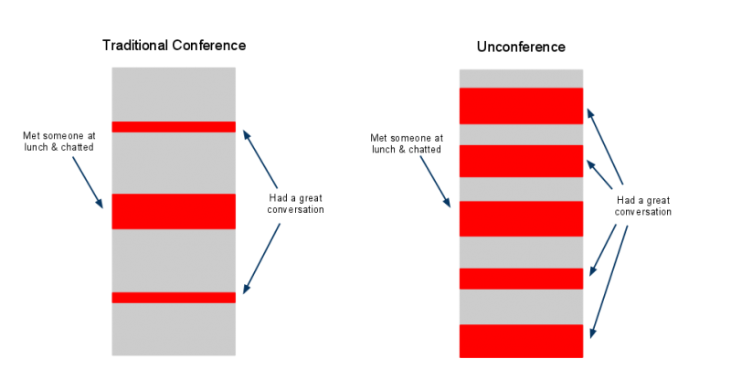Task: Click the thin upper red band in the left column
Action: point(174,127)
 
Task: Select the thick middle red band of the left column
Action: point(174,211)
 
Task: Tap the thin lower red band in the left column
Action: point(174,297)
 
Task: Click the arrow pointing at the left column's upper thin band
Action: point(260,159)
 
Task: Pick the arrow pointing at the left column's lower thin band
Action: point(261,259)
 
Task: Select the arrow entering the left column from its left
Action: point(88,183)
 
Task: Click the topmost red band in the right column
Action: point(521,106)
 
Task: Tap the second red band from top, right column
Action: point(521,161)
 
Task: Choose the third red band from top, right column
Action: point(521,218)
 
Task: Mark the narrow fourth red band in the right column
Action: point(521,279)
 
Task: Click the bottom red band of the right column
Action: point(521,341)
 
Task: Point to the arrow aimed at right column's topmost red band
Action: point(604,146)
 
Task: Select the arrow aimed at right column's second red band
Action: point(599,174)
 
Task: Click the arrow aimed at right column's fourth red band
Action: point(603,249)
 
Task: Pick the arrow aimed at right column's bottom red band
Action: point(609,281)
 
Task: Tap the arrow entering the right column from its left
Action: point(435,182)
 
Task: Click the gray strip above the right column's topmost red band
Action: point(521,78)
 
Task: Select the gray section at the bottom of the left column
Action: point(174,329)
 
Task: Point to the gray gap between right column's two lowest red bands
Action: point(521,307)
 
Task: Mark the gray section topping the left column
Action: point(174,93)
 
